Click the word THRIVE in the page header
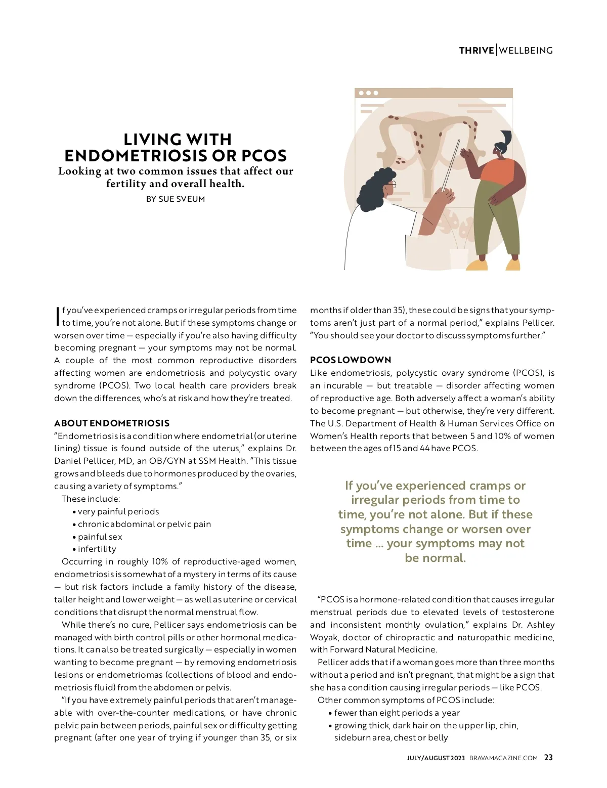point(476,51)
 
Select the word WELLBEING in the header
point(526,51)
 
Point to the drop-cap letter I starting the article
point(58,316)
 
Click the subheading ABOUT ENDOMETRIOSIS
point(112,423)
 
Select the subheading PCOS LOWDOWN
point(351,360)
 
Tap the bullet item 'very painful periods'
point(118,512)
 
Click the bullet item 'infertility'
point(97,549)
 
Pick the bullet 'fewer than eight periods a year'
point(397,713)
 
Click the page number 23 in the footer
point(548,758)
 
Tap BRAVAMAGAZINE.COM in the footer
point(503,758)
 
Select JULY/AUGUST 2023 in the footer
point(436,758)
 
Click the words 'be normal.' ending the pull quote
point(435,558)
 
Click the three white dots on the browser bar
point(368,93)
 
